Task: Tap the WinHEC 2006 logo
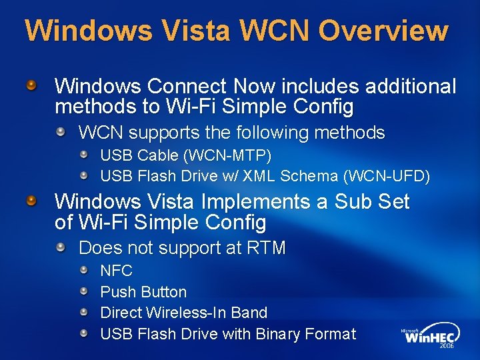pos(431,337)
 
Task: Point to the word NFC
pos(116,271)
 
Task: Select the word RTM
pos(266,248)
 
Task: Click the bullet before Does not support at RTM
pos(61,247)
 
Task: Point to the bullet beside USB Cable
pos(85,155)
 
